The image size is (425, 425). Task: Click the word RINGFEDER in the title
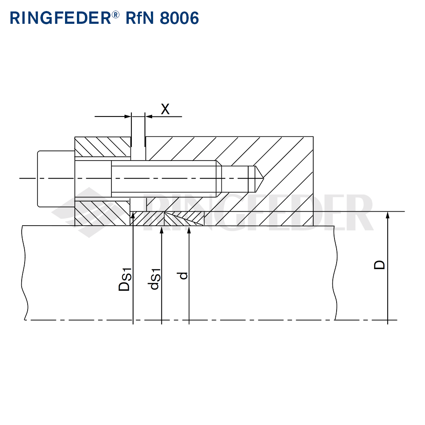(x=59, y=18)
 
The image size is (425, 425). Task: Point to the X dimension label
(x=165, y=109)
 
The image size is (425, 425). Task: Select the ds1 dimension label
(x=155, y=279)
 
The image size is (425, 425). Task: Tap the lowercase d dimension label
(x=183, y=275)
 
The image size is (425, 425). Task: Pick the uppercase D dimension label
(x=380, y=264)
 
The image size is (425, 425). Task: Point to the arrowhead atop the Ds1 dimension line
(x=133, y=215)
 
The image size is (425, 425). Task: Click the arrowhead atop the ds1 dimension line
(x=161, y=230)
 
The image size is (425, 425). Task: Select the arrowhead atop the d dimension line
(x=189, y=230)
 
